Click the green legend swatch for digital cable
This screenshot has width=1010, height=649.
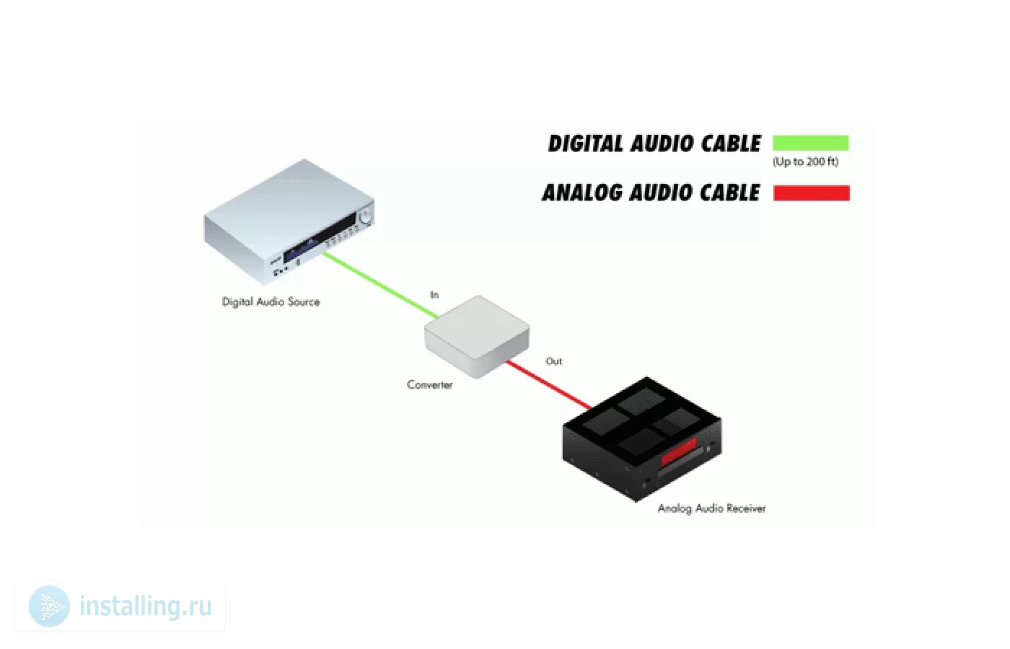(x=811, y=143)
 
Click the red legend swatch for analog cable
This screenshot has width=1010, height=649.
(x=812, y=193)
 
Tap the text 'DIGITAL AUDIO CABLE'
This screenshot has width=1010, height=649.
(x=654, y=144)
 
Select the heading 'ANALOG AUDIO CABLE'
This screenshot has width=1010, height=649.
(x=651, y=193)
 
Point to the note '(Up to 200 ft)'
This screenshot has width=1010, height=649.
(x=805, y=162)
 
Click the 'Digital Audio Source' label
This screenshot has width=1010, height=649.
(x=271, y=302)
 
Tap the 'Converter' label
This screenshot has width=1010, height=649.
(x=430, y=384)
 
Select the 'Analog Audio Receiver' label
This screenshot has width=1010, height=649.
(x=711, y=508)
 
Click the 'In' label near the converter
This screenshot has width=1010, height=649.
(x=434, y=295)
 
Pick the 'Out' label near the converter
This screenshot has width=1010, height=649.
(x=554, y=361)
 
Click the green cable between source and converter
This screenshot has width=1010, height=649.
(x=382, y=286)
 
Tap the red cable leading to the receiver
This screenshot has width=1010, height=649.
(x=549, y=385)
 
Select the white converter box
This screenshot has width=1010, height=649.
(x=477, y=336)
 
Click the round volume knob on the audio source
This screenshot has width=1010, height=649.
(x=366, y=215)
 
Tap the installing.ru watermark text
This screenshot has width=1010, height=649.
(x=146, y=606)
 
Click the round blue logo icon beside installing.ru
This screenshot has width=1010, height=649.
(x=49, y=606)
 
